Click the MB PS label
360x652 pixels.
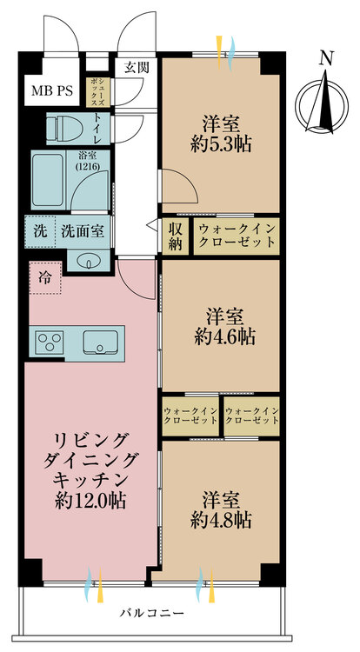point(52,90)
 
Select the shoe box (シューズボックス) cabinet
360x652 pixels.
point(98,90)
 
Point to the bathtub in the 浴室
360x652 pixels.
point(49,180)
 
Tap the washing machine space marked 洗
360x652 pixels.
point(40,231)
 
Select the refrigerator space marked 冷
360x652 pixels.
point(45,278)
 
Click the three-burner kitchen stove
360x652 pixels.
point(50,343)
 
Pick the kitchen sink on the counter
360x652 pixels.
point(100,343)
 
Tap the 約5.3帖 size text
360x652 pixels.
point(220,144)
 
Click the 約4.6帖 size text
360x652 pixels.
point(224,336)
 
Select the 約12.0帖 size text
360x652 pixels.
point(91,501)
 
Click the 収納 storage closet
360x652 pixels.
point(176,236)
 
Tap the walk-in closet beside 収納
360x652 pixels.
point(237,236)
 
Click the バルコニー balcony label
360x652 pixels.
point(151,614)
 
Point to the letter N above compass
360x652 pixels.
point(327,58)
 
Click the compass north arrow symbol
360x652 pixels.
point(322,102)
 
